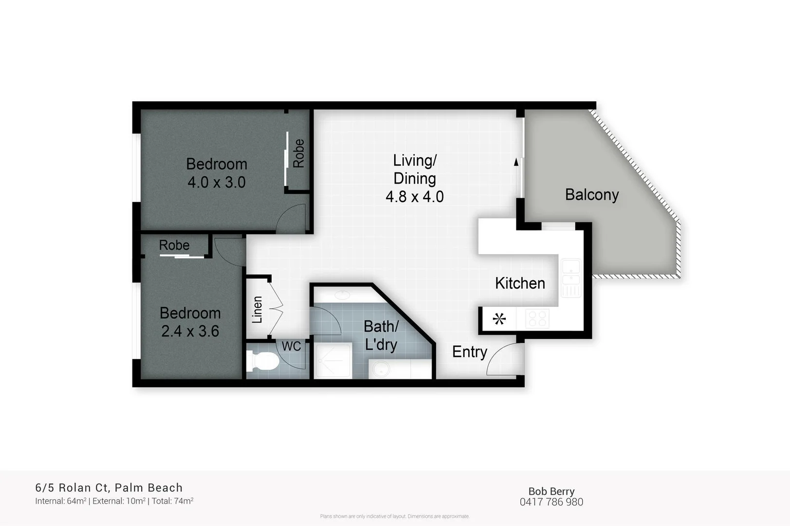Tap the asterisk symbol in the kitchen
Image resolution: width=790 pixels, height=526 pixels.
[499, 319]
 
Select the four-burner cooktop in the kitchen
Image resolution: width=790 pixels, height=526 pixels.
[537, 319]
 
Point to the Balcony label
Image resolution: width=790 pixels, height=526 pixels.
[591, 195]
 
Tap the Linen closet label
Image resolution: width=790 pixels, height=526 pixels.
[257, 309]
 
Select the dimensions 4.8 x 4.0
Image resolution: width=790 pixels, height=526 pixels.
[414, 197]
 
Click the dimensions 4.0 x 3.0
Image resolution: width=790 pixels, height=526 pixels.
[216, 183]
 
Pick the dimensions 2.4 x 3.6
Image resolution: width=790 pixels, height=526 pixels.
[190, 332]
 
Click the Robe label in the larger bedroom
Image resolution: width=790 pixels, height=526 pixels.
[298, 153]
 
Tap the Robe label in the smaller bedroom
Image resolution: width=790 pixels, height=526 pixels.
[174, 245]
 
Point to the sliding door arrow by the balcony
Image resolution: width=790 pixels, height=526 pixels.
[516, 162]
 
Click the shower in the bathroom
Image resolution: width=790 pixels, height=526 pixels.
[333, 361]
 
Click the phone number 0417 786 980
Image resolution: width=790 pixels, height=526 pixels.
[551, 502]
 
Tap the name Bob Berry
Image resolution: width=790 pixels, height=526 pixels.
[551, 491]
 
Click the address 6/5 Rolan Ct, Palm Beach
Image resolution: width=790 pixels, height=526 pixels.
[109, 488]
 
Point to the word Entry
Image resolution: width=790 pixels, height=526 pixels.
[469, 352]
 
